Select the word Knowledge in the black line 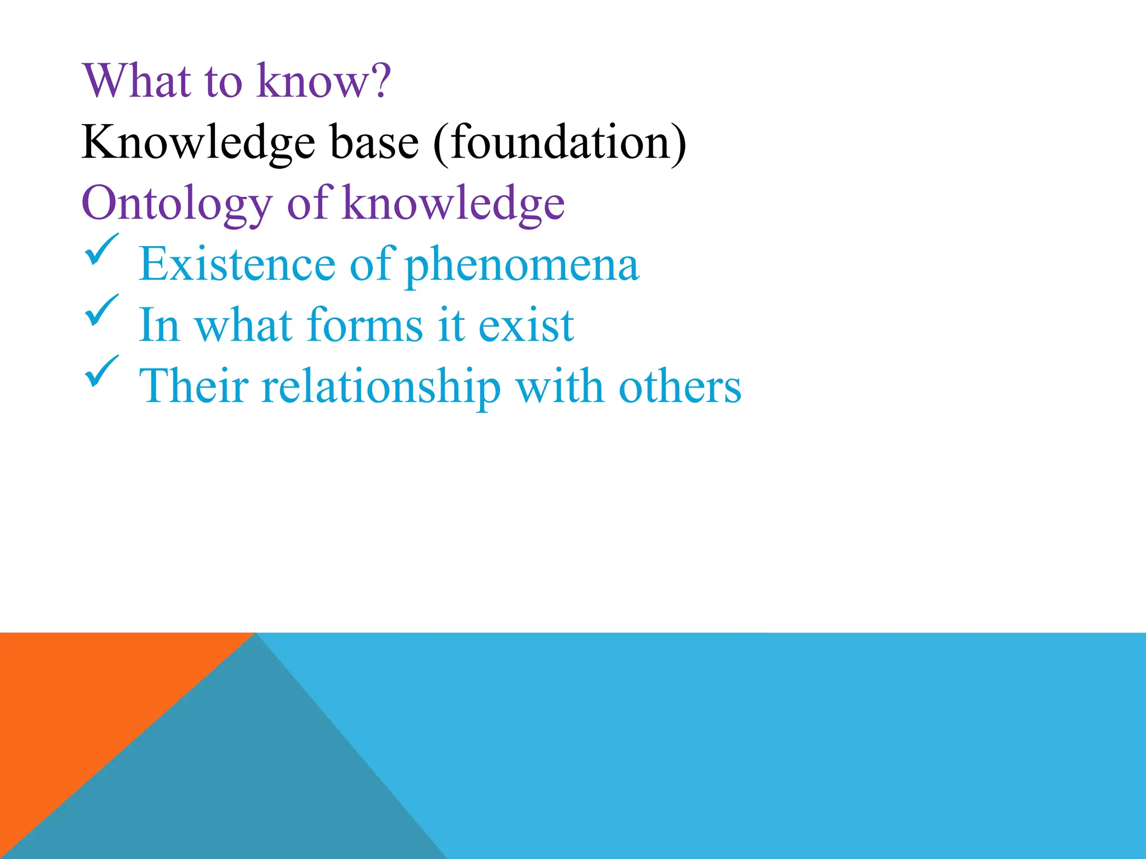pyautogui.click(x=199, y=143)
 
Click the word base pyautogui.click(x=374, y=143)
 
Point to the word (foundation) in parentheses pyautogui.click(x=560, y=143)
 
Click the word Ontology pyautogui.click(x=177, y=204)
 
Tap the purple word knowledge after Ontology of pyautogui.click(x=453, y=204)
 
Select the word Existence pyautogui.click(x=237, y=265)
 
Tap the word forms pyautogui.click(x=365, y=325)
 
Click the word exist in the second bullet pyautogui.click(x=526, y=325)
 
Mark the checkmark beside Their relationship pyautogui.click(x=101, y=371)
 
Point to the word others pyautogui.click(x=679, y=386)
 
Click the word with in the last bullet pyautogui.click(x=560, y=386)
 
